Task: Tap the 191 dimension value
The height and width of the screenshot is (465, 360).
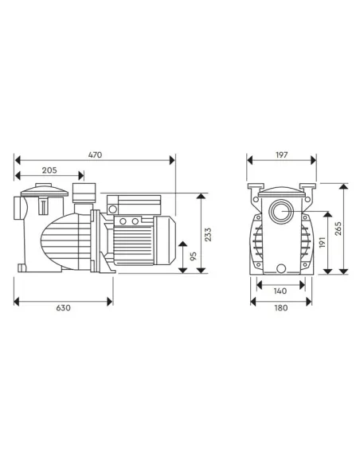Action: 322,241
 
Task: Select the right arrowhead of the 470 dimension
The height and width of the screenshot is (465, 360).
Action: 174,157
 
